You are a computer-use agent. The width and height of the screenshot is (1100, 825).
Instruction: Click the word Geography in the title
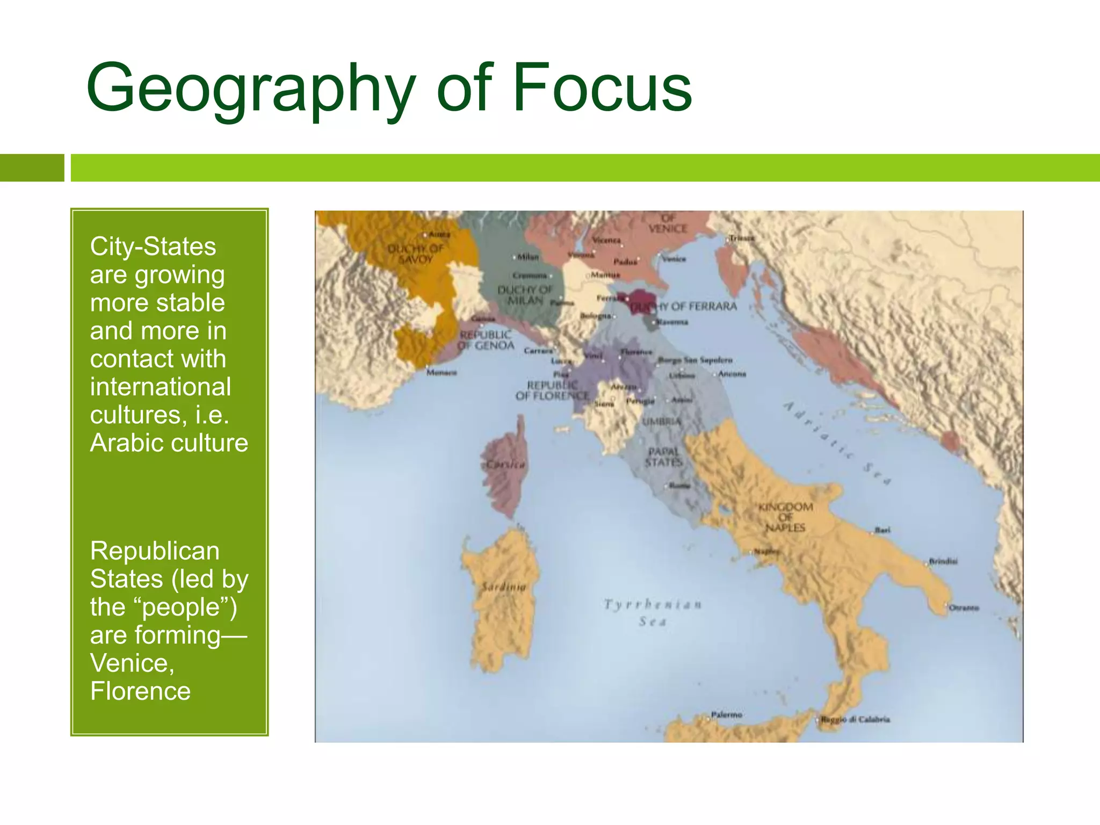pyautogui.click(x=250, y=89)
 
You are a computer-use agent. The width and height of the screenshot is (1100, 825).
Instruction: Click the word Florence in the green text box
pyautogui.click(x=140, y=691)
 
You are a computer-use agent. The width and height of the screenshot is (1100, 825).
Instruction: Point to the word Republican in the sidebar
pyautogui.click(x=155, y=551)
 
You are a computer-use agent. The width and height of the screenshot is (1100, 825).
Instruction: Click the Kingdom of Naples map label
pyautogui.click(x=785, y=517)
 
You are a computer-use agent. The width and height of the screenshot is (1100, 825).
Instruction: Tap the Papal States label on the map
pyautogui.click(x=664, y=457)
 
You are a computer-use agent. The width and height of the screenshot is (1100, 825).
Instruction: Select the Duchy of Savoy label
pyautogui.click(x=416, y=254)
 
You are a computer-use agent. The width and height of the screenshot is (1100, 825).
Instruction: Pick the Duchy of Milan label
pyautogui.click(x=525, y=295)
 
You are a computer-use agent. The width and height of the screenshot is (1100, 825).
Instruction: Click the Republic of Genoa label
pyautogui.click(x=486, y=341)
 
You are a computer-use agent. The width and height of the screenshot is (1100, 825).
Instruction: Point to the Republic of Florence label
pyautogui.click(x=552, y=390)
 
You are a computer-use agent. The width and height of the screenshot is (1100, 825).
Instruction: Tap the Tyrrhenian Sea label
pyautogui.click(x=653, y=613)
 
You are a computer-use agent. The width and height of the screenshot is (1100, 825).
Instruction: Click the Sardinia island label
pyautogui.click(x=503, y=587)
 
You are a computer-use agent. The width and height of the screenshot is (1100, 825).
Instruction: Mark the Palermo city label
pyautogui.click(x=726, y=715)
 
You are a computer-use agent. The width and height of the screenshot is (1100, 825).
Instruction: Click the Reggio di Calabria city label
pyautogui.click(x=856, y=719)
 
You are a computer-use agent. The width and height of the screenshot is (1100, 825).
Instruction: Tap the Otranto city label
pyautogui.click(x=964, y=608)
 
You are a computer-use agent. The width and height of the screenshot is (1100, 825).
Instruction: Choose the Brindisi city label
pyautogui.click(x=943, y=561)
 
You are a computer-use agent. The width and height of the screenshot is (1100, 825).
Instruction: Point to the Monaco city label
pyautogui.click(x=442, y=372)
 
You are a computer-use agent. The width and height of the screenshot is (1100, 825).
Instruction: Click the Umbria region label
pyautogui.click(x=662, y=422)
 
